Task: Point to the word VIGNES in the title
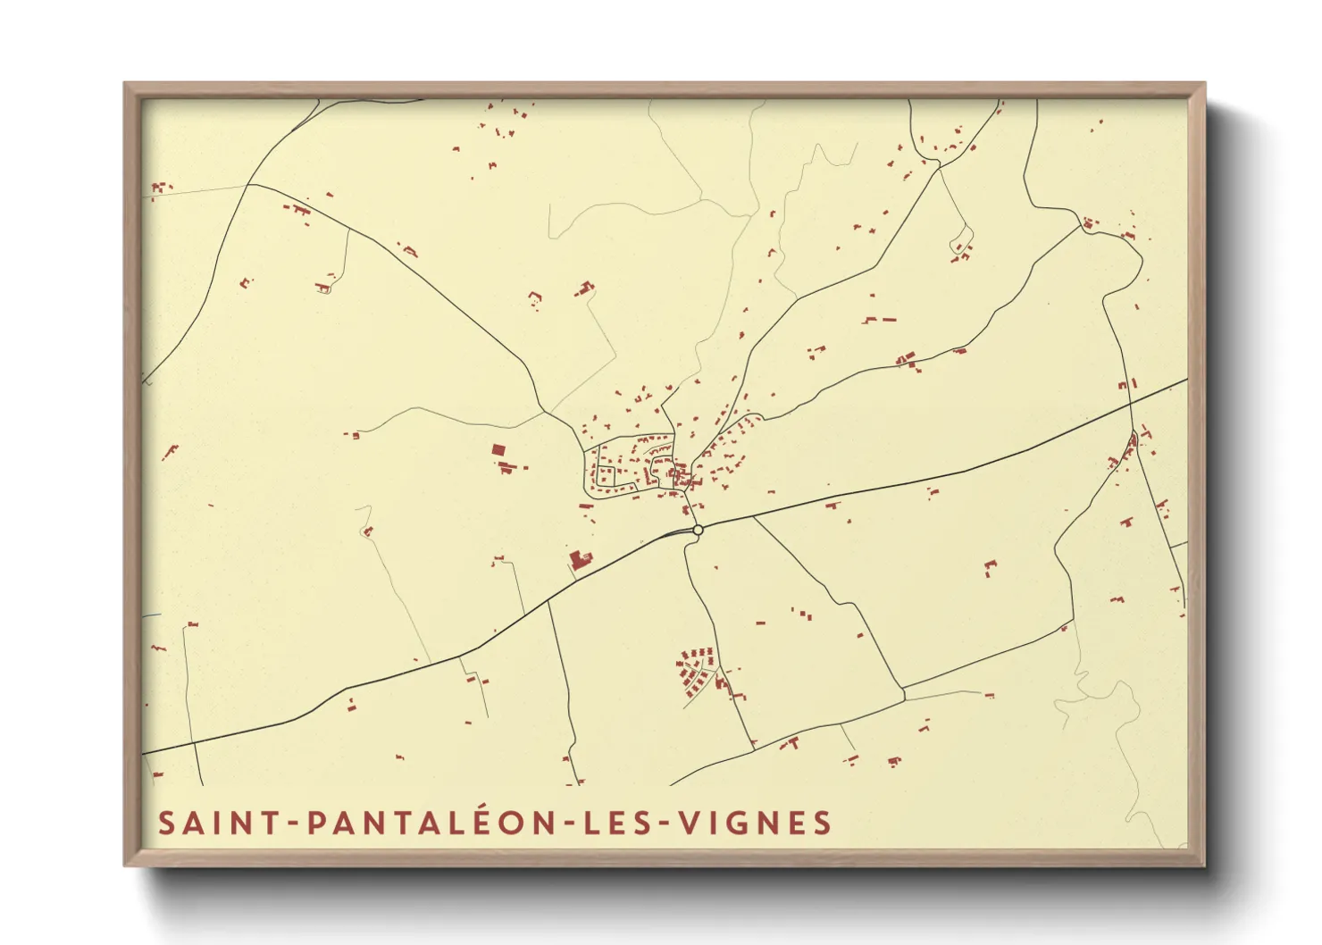point(756,823)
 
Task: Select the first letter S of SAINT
point(166,823)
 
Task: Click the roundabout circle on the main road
point(699,530)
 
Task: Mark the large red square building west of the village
point(498,450)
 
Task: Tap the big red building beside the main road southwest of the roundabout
point(579,560)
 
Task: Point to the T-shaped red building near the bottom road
point(791,742)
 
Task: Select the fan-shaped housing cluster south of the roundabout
point(697,672)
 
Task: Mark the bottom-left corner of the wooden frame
point(126,865)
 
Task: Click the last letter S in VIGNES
point(823,823)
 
